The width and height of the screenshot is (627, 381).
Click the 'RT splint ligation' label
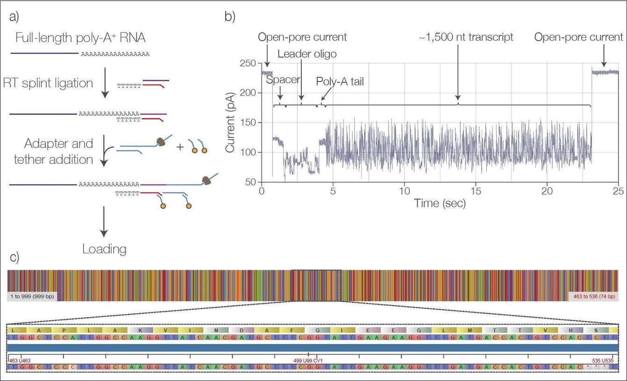[x=48, y=83]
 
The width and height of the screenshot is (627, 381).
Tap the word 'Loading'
[x=104, y=249]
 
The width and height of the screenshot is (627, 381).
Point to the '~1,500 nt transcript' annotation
[x=466, y=37]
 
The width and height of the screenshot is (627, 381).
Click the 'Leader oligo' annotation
[x=307, y=54]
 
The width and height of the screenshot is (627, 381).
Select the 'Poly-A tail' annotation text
[x=340, y=81]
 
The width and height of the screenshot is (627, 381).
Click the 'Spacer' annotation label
[x=283, y=79]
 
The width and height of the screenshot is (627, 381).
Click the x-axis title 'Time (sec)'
[x=440, y=203]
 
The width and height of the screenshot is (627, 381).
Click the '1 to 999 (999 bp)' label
[x=32, y=296]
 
